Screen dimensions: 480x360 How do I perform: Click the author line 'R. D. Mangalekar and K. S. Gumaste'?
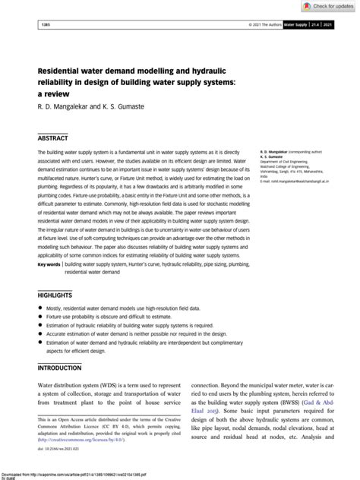click(90, 106)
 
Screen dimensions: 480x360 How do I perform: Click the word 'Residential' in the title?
click(64, 68)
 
